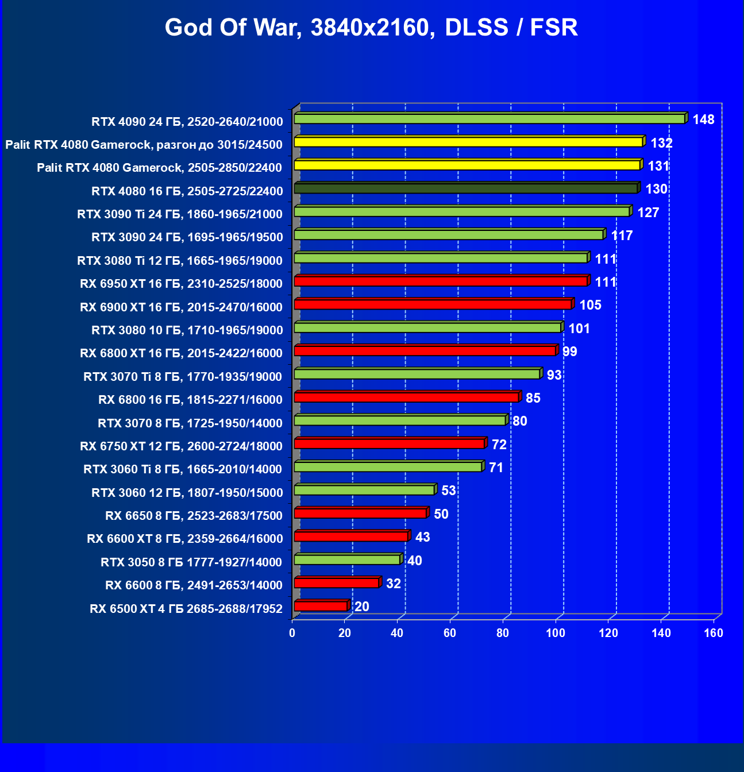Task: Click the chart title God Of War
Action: point(371,28)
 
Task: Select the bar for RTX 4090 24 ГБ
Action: point(489,119)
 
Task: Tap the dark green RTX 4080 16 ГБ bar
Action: point(465,188)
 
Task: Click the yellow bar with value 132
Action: point(468,142)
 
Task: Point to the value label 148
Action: point(703,119)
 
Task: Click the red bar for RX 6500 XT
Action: point(321,607)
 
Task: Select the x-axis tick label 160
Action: point(714,633)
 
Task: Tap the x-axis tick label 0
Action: point(292,633)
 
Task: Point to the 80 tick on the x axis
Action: point(503,633)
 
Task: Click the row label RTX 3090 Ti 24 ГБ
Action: point(180,214)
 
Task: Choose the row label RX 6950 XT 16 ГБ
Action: point(182,284)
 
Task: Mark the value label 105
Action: point(590,305)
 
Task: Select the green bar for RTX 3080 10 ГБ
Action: point(427,327)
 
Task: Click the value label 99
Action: point(569,352)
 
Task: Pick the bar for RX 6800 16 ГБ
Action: point(406,397)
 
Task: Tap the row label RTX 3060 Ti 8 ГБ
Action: point(183,469)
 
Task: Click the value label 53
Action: point(448,491)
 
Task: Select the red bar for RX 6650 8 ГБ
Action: point(360,513)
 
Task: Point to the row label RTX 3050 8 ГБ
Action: point(191,562)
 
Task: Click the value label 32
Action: point(393,584)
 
